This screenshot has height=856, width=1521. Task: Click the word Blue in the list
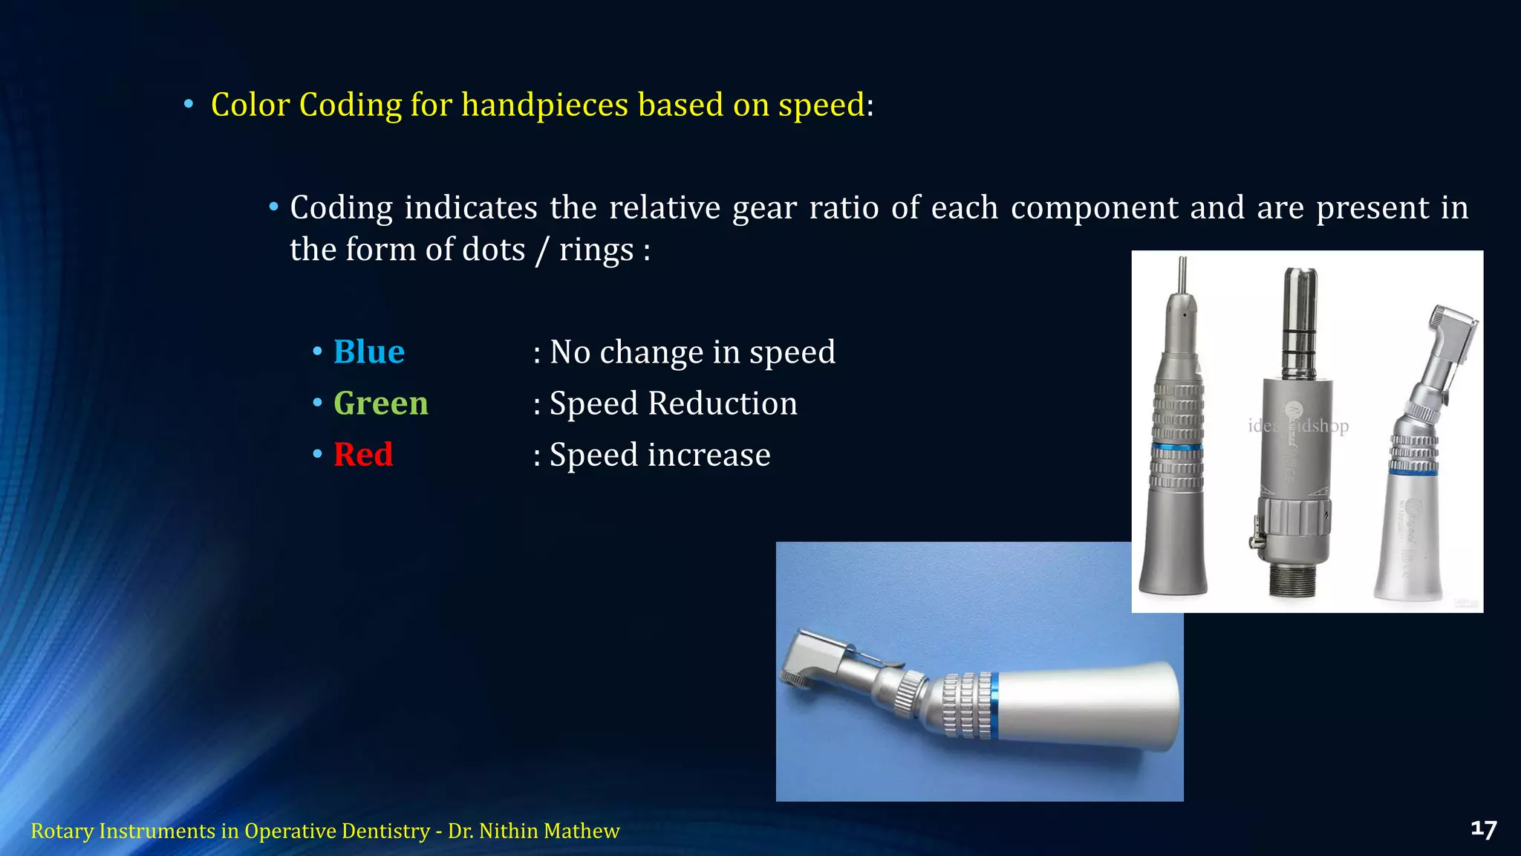tap(369, 352)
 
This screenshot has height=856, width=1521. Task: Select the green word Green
tap(380, 403)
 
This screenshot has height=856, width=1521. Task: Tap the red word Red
tap(362, 455)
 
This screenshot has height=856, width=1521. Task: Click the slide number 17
tap(1483, 829)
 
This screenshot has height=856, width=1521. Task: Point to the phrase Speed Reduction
tap(673, 403)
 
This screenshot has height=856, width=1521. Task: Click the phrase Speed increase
tap(659, 455)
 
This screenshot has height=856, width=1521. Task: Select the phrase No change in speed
tap(692, 352)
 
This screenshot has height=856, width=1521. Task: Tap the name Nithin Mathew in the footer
tap(549, 831)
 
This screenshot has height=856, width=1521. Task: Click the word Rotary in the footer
tap(62, 831)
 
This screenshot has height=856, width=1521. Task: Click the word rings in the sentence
tap(596, 250)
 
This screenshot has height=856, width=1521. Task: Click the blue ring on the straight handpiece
tap(1177, 447)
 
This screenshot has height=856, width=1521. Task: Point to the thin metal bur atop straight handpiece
tap(1183, 275)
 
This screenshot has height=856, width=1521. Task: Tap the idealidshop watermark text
tap(1298, 426)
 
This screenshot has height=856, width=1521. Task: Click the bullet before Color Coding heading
tap(189, 105)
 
